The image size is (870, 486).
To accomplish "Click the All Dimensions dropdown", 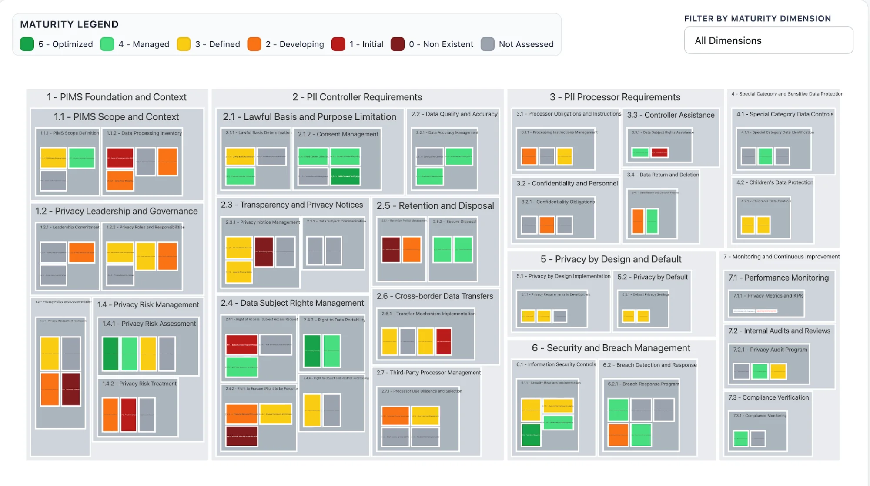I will click(x=768, y=40).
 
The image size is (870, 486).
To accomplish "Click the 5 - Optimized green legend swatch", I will click(x=27, y=44).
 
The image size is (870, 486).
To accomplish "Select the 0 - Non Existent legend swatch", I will click(x=397, y=44).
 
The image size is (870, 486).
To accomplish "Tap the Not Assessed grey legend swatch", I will click(x=487, y=44).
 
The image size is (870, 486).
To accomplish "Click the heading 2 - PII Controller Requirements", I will click(x=357, y=97).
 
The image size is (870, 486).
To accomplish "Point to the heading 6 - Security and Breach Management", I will click(x=611, y=348).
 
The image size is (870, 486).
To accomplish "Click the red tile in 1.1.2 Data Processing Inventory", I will click(x=120, y=158).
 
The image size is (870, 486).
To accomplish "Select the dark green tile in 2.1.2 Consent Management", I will click(x=345, y=176).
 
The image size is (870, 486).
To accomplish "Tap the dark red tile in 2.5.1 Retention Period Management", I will click(x=391, y=249).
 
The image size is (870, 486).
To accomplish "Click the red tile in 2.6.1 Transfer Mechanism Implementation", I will click(x=443, y=341).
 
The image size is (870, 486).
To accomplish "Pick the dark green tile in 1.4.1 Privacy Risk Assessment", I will click(x=110, y=354).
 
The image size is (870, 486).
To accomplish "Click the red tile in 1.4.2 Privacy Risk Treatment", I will click(x=128, y=414).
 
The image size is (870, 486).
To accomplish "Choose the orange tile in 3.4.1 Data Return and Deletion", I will click(x=638, y=221).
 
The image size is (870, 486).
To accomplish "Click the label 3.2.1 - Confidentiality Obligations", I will click(x=558, y=202).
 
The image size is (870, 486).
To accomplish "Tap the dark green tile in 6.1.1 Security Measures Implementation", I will click(x=531, y=435).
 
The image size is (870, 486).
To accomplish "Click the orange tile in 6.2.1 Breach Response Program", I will click(x=618, y=435).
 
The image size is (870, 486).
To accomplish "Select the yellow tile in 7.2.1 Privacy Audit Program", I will click(x=778, y=371).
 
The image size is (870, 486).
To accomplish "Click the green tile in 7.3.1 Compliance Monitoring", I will click(x=740, y=438).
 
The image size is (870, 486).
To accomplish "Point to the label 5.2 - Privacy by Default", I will click(x=652, y=277).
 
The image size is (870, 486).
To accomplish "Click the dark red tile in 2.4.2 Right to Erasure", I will click(x=241, y=436).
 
